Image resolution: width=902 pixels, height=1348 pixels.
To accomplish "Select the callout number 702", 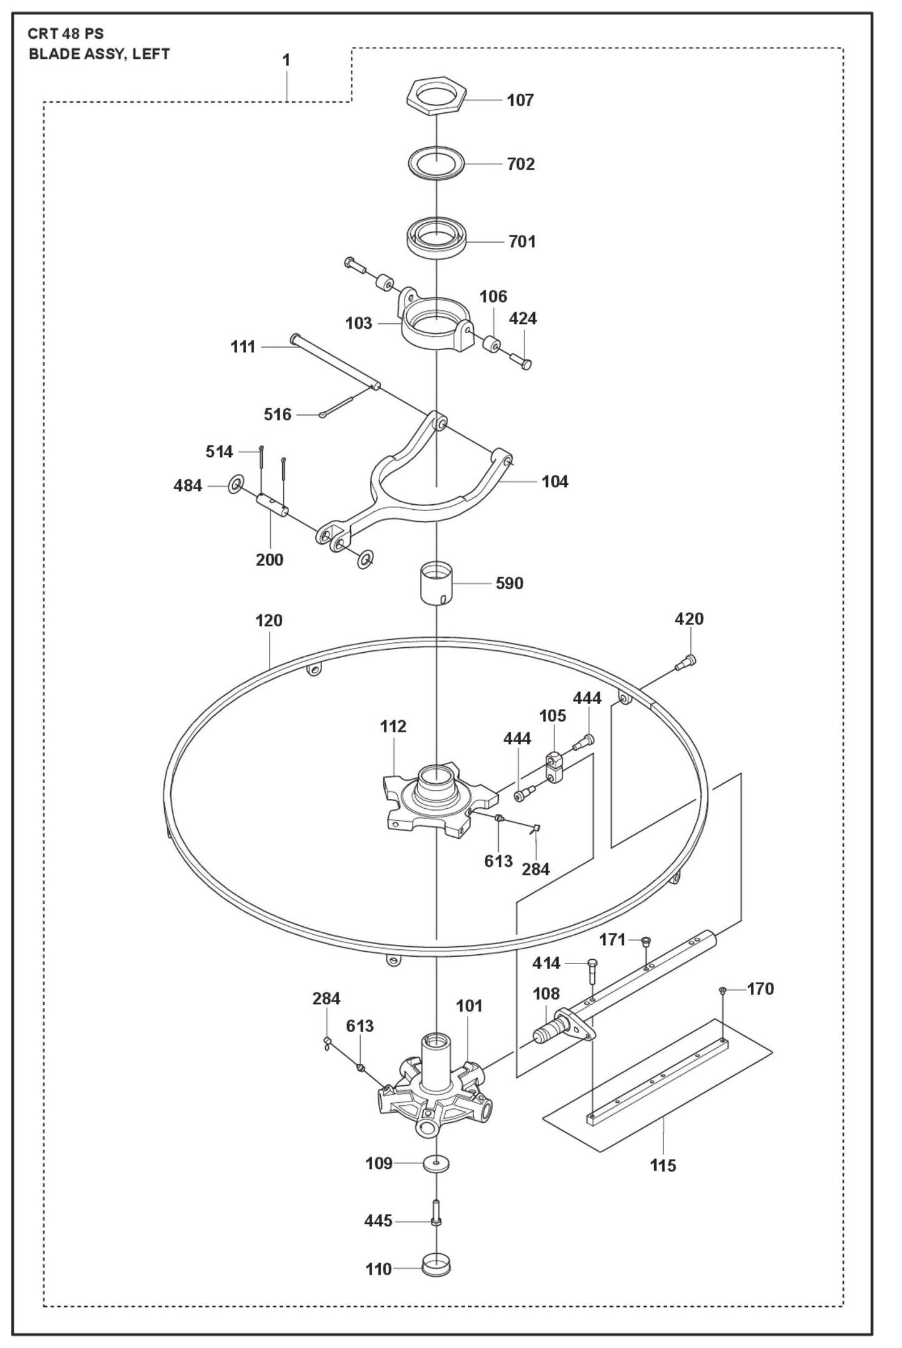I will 521,164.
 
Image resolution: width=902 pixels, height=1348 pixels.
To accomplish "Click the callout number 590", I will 509,584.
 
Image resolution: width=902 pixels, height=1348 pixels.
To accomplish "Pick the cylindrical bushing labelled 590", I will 436,583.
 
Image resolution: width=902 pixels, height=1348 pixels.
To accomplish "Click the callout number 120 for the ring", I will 269,620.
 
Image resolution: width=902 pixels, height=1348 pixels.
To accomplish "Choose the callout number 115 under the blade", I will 663,1165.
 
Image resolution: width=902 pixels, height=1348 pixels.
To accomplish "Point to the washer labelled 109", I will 436,1163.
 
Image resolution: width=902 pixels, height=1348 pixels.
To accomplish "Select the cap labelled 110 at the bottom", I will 436,1268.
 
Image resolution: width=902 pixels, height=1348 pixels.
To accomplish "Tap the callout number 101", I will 469,1006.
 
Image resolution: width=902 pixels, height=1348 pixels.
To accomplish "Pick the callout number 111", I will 243,347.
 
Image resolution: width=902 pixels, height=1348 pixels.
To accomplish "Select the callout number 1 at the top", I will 286,61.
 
